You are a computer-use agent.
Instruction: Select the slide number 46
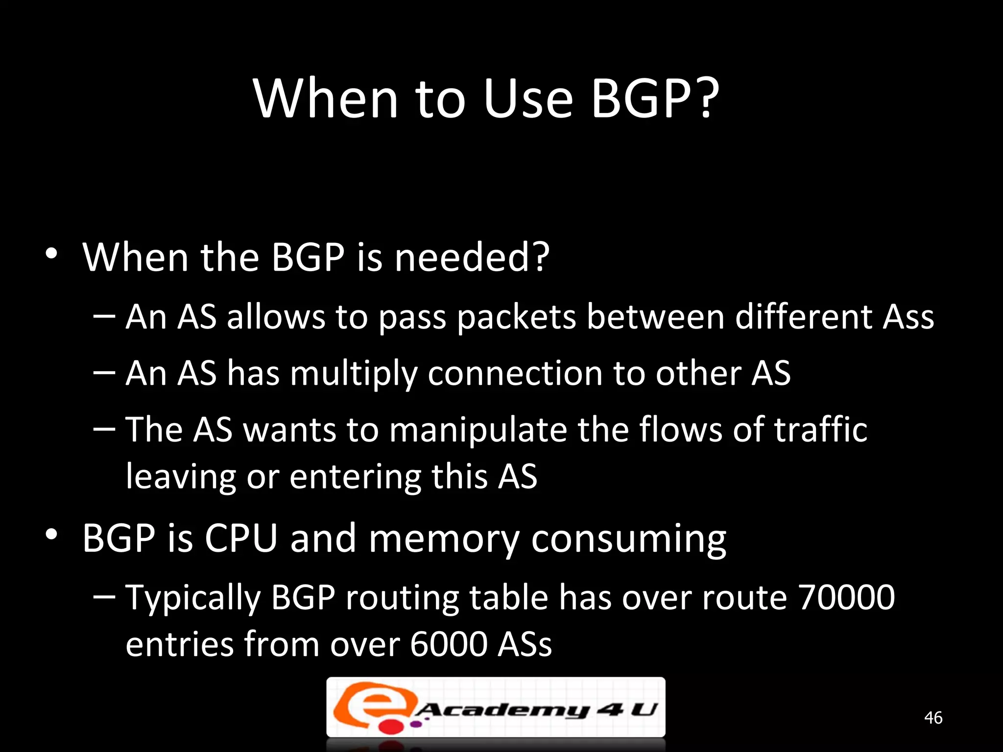[933, 718]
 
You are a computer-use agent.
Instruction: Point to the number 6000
[449, 644]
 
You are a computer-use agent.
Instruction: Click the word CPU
[240, 538]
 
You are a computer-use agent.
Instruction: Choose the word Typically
[193, 598]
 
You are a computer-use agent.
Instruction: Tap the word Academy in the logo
[502, 709]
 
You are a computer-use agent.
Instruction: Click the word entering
[355, 476]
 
